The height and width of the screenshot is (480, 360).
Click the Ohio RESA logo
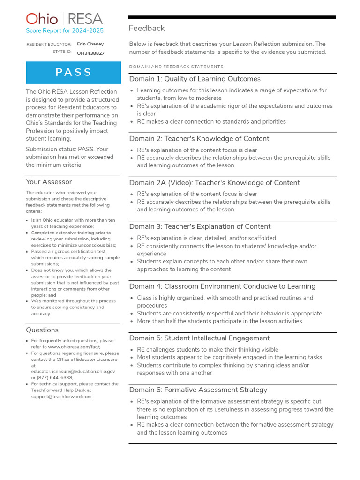[64, 19]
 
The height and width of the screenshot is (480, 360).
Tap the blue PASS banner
[74, 72]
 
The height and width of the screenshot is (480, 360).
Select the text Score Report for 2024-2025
[65, 31]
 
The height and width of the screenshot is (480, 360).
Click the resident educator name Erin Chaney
[90, 44]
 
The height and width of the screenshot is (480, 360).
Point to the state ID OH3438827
[90, 53]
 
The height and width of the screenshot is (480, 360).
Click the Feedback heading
[147, 29]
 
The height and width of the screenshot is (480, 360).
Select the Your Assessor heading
[49, 182]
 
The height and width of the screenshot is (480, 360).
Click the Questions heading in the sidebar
[42, 330]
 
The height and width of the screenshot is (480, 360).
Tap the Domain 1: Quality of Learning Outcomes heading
[195, 79]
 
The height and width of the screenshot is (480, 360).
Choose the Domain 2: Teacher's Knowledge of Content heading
[199, 139]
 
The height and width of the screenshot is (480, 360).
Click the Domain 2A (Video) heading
[214, 183]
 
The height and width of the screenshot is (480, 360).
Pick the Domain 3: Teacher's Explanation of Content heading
[200, 227]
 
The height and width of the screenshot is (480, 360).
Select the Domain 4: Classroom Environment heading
[222, 286]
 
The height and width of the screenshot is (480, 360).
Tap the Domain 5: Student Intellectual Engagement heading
[199, 338]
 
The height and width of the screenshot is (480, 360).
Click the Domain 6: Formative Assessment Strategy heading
[198, 390]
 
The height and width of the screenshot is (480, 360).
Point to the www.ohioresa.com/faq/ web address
[74, 347]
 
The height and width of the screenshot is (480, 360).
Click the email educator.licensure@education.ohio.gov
[73, 371]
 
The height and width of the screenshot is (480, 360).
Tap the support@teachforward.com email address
[61, 396]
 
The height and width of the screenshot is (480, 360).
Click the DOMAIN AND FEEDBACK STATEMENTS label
[176, 67]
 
